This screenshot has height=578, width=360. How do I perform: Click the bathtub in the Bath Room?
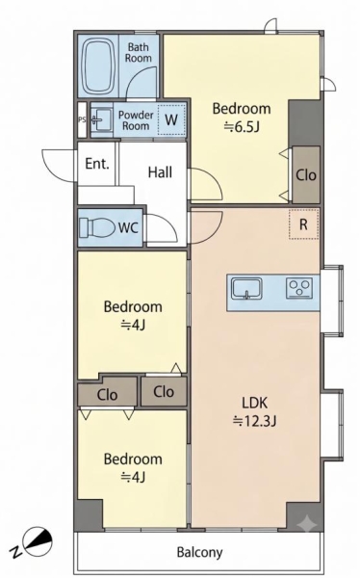pyautogui.click(x=98, y=66)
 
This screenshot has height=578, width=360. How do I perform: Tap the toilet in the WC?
pyautogui.click(x=97, y=227)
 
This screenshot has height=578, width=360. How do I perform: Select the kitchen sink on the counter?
pyautogui.click(x=246, y=288)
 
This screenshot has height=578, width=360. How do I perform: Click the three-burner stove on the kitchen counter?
pyautogui.click(x=299, y=288)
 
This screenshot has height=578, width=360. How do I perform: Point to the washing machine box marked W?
pyautogui.click(x=171, y=119)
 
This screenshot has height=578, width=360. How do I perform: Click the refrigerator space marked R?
pyautogui.click(x=303, y=224)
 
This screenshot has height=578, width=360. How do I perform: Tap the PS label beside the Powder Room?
pyautogui.click(x=82, y=119)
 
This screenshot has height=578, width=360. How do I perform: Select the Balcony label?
pyautogui.click(x=199, y=552)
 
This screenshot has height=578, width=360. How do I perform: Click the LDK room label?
pyautogui.click(x=255, y=403)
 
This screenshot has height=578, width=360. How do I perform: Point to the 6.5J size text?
pyautogui.click(x=242, y=127)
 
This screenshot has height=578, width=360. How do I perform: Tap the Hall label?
pyautogui.click(x=160, y=172)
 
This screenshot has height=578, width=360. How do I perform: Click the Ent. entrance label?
pyautogui.click(x=97, y=164)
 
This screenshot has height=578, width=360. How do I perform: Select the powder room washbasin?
pyautogui.click(x=100, y=119)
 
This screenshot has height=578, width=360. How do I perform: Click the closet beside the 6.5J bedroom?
pyautogui.click(x=306, y=174)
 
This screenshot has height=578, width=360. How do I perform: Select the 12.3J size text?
pyautogui.click(x=254, y=420)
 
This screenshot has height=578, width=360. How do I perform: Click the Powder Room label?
pyautogui.click(x=136, y=120)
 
